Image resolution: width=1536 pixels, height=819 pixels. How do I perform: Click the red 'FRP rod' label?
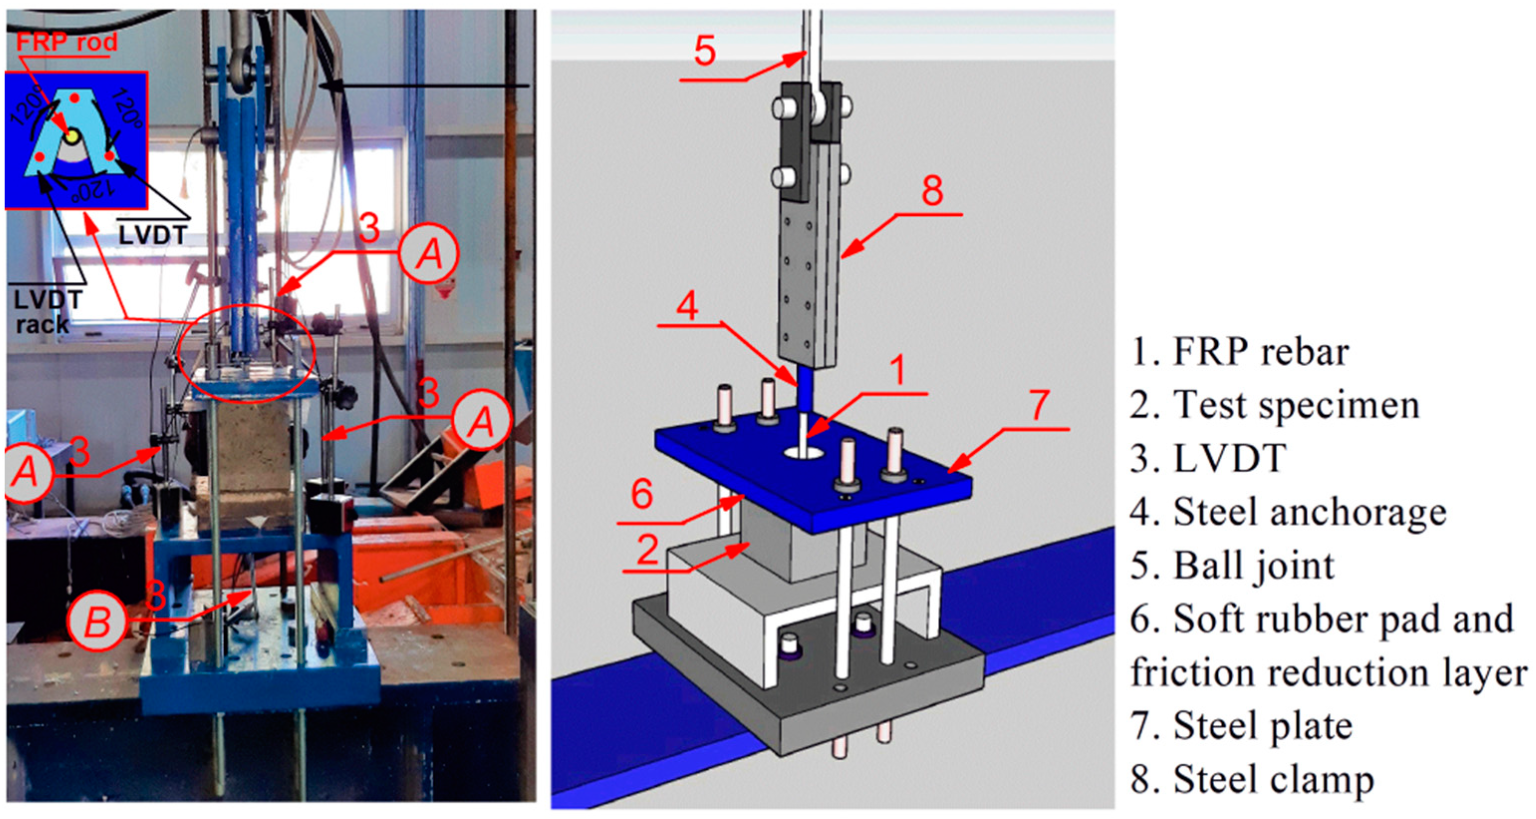[x=66, y=42]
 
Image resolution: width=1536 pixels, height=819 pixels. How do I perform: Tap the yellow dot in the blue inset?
[x=72, y=136]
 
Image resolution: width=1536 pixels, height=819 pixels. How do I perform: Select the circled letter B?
[x=97, y=622]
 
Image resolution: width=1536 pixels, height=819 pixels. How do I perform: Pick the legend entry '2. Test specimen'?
[x=1274, y=406]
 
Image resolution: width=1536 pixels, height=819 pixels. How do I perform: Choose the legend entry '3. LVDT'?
[x=1207, y=459]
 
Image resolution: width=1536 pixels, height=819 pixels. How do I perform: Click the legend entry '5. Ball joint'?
[x=1232, y=565]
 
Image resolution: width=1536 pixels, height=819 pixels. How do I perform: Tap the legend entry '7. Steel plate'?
[x=1241, y=726]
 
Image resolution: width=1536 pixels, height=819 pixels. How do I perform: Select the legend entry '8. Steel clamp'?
[x=1252, y=780]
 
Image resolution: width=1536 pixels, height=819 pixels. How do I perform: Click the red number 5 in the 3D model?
[x=705, y=51]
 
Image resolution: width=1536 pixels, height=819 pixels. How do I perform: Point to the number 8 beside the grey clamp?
[x=932, y=191]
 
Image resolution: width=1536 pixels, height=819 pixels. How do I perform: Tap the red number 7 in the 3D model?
[x=1039, y=406]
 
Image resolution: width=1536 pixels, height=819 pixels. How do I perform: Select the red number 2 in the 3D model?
[x=647, y=549]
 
